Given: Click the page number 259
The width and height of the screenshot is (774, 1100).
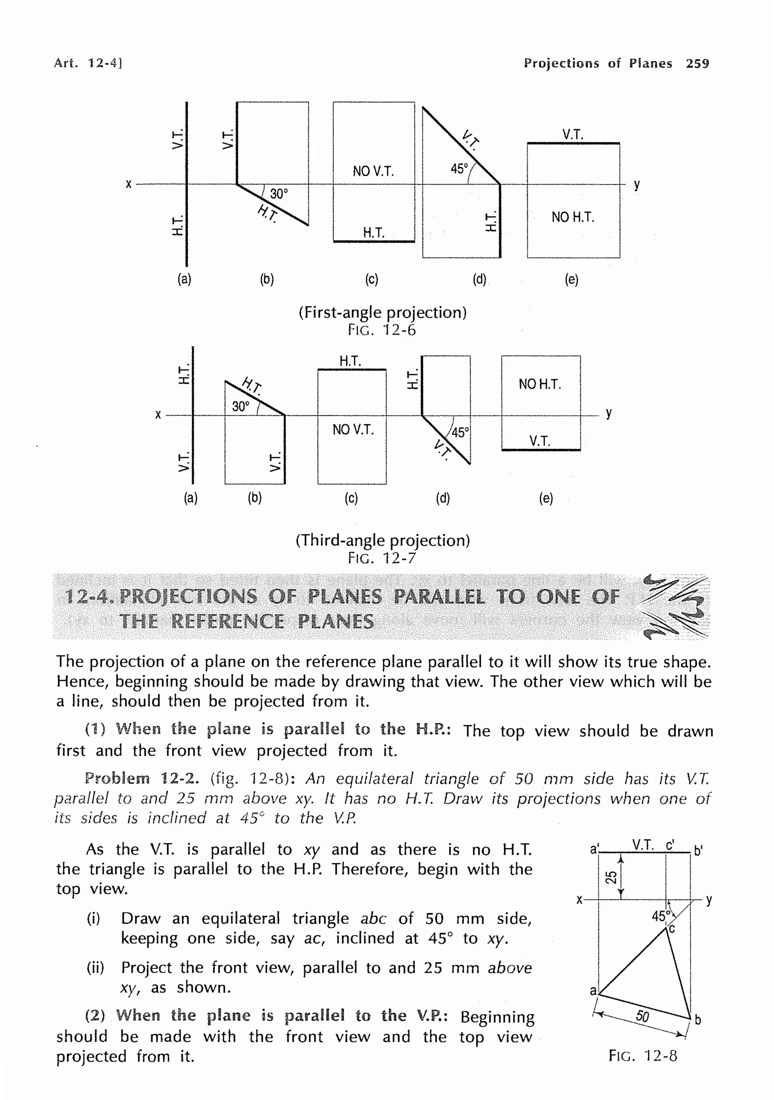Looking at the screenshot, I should (697, 63).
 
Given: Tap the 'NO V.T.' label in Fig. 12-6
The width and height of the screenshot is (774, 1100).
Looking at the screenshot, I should (373, 171).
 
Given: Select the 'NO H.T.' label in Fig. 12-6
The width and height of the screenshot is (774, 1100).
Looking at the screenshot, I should (573, 217).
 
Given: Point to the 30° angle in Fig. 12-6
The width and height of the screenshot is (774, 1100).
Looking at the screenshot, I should (279, 194).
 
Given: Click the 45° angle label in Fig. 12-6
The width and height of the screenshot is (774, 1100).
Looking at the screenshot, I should (459, 169).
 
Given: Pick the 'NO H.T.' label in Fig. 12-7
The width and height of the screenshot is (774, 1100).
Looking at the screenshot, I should (540, 384).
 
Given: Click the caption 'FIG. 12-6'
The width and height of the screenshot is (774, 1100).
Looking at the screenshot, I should (382, 330).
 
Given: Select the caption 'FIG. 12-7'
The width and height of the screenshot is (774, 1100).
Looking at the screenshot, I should (382, 558).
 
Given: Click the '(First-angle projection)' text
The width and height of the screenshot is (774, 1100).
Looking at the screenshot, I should (382, 312).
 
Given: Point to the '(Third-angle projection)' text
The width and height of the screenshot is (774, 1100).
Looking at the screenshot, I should (382, 541).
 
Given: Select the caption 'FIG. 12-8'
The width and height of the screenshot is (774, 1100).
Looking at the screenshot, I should (642, 1056).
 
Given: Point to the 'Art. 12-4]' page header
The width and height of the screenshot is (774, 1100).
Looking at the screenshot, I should (88, 63).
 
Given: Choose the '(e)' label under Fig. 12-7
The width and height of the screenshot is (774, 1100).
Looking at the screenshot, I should (546, 498).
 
